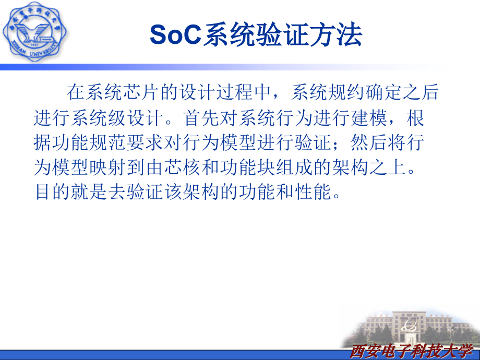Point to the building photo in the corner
coord(412,326)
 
